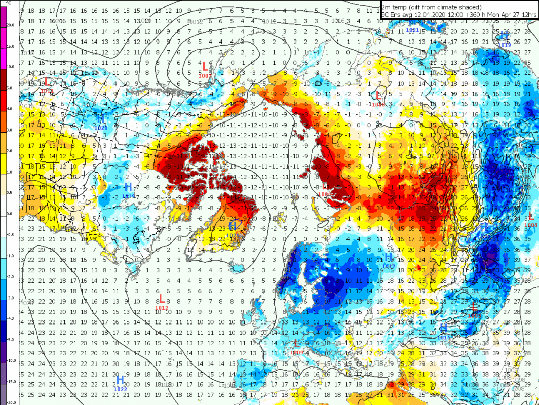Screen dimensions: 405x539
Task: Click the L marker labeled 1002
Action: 205,67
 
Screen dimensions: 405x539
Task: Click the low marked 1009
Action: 297,345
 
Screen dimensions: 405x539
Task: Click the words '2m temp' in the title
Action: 393,7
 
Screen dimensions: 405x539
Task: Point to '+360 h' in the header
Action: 458,15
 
